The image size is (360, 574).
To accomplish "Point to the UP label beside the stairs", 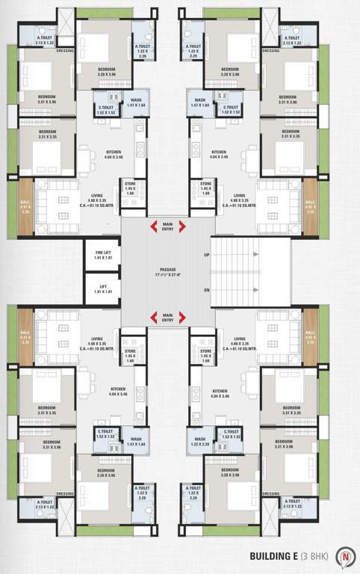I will click(x=207, y=256).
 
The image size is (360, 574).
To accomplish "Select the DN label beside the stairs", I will click(x=207, y=291).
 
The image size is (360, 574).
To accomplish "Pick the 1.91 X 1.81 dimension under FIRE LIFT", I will click(x=103, y=258).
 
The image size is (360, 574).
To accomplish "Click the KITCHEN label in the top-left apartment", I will click(x=115, y=151).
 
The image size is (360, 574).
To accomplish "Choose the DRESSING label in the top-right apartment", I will click(x=271, y=52).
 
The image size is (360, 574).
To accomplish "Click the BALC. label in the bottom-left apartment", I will click(x=26, y=332).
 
